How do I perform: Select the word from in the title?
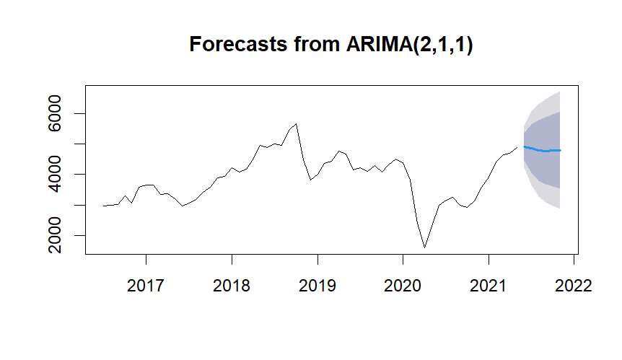click(x=310, y=45)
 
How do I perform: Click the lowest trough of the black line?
click(x=424, y=247)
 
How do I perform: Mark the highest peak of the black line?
click(x=296, y=124)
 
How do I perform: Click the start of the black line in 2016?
click(x=104, y=206)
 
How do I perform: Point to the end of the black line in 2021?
click(x=517, y=147)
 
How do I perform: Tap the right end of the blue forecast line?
click(x=561, y=150)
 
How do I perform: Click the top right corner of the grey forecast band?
click(x=560, y=92)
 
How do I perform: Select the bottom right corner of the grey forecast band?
click(x=560, y=208)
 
